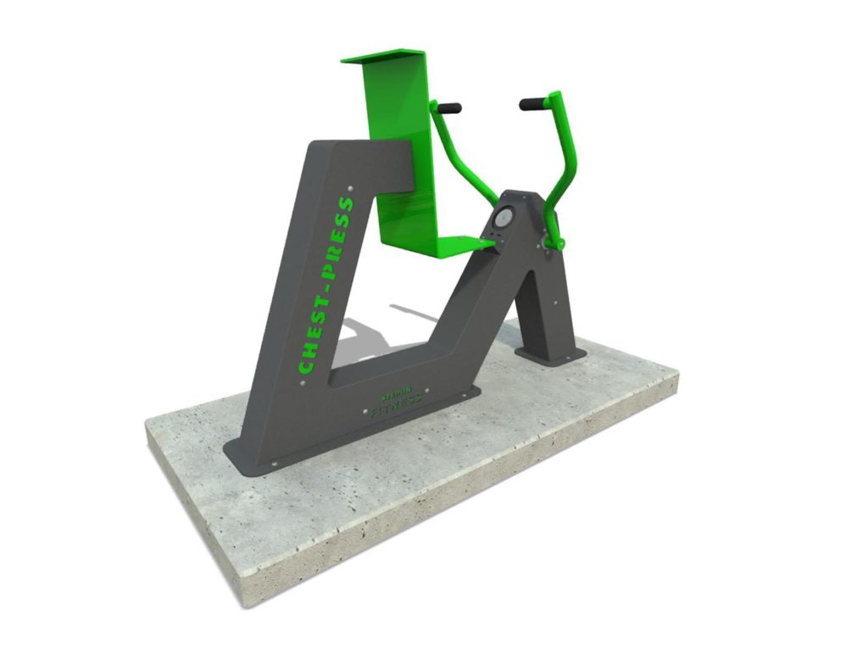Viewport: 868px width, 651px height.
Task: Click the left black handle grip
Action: [448, 108]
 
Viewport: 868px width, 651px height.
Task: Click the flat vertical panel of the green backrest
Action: [398, 144]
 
